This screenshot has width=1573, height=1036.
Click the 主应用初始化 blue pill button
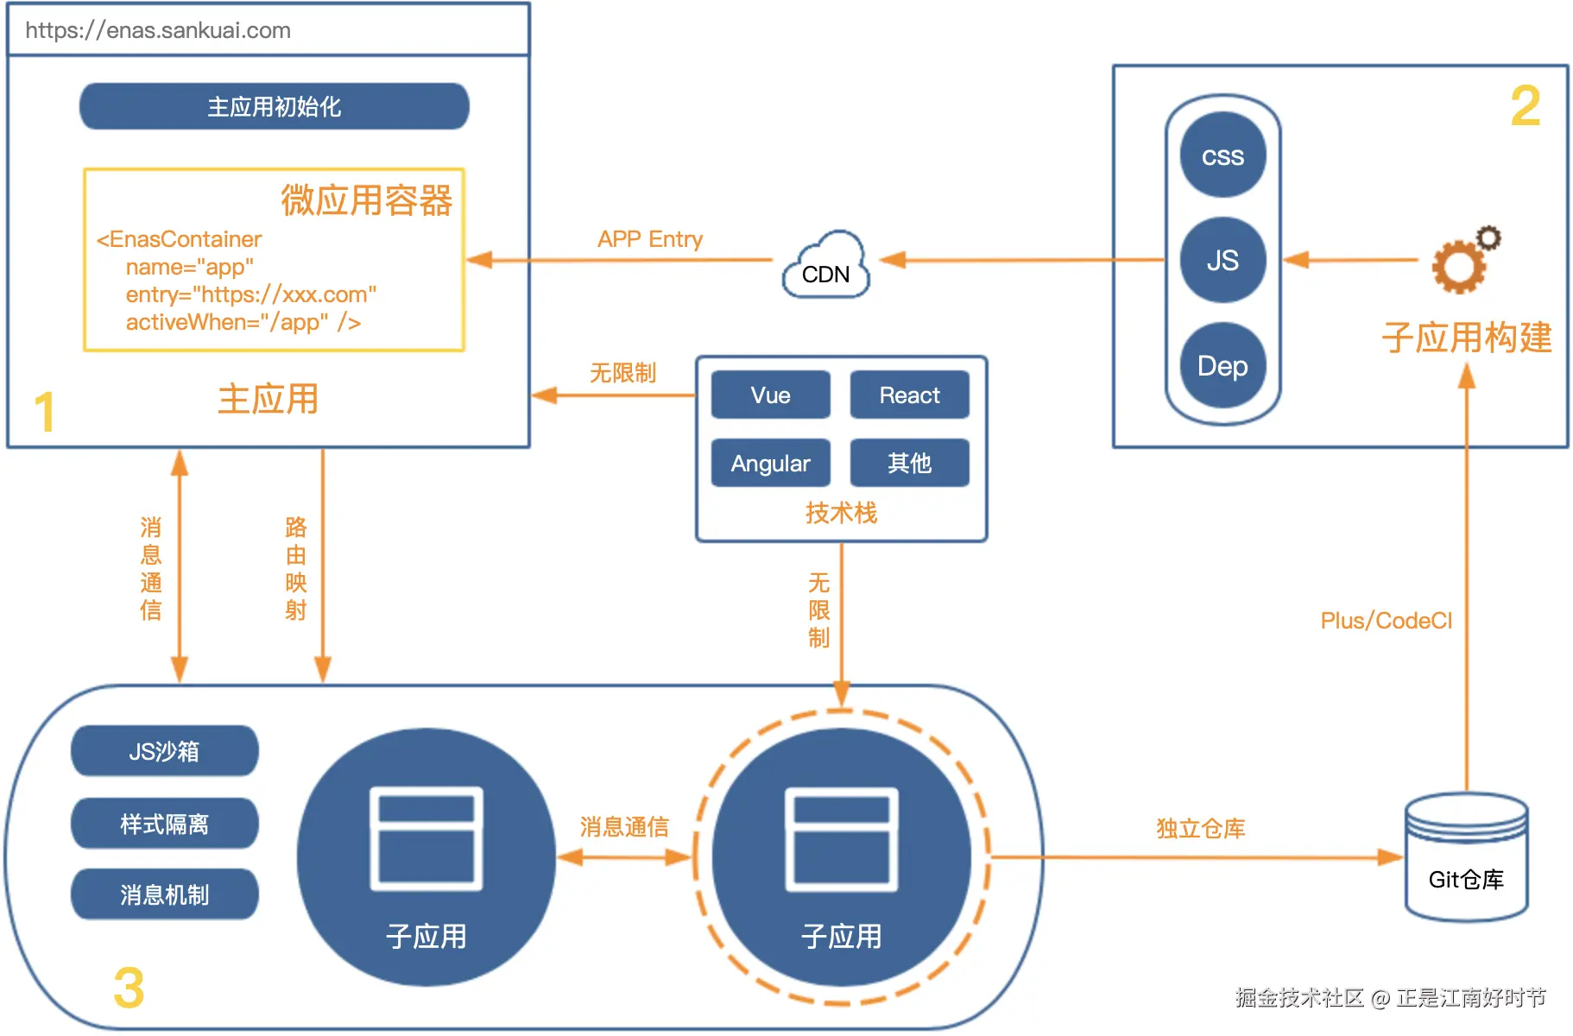click(274, 106)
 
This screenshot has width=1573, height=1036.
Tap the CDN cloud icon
click(826, 267)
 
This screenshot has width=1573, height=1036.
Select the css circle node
click(1222, 155)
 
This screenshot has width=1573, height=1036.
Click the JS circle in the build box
click(1222, 260)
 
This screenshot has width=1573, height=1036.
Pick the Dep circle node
click(1222, 365)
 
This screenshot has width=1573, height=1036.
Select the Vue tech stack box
click(770, 395)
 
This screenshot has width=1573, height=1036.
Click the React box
click(909, 395)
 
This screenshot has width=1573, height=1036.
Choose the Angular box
click(770, 464)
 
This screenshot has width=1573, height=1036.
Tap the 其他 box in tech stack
click(909, 464)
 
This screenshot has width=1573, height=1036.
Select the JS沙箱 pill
click(164, 751)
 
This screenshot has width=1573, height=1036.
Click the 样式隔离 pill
click(164, 824)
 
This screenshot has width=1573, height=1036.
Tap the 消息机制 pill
click(164, 894)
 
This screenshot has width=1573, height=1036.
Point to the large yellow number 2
click(1526, 106)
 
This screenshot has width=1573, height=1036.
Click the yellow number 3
click(129, 988)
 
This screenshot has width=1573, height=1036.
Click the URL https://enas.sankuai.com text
click(158, 30)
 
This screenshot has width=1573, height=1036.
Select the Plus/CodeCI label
click(1386, 621)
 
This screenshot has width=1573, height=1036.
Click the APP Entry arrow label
click(650, 239)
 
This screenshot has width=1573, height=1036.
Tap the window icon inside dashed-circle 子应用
click(841, 839)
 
